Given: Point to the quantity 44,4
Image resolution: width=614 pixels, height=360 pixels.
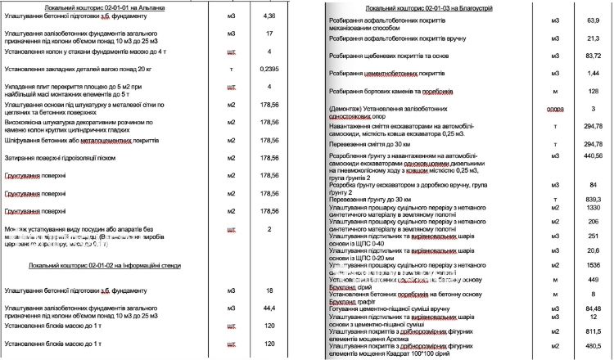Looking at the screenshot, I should [x=269, y=307].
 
